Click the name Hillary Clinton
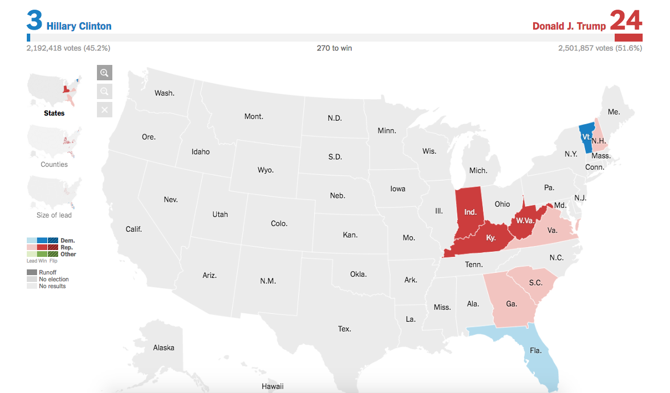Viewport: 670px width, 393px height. click(x=79, y=26)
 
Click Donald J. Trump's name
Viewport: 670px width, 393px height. click(x=569, y=26)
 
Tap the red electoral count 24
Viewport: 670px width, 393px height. click(x=626, y=21)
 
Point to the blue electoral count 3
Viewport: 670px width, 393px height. click(x=35, y=21)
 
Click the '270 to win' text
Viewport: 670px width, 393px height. click(x=334, y=48)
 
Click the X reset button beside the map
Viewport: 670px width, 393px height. click(x=104, y=109)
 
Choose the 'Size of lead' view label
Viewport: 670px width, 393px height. click(x=54, y=215)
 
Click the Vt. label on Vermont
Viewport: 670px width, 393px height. click(x=586, y=137)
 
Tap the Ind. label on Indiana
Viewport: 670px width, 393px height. click(x=470, y=212)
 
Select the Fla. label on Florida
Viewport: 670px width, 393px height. click(x=535, y=350)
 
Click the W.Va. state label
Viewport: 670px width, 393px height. click(x=525, y=220)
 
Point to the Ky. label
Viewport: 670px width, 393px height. click(x=491, y=238)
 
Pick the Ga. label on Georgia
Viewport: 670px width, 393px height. click(x=511, y=304)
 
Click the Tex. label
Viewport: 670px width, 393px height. click(x=344, y=329)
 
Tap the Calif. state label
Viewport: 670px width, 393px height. click(x=133, y=229)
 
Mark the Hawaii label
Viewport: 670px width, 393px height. click(x=273, y=386)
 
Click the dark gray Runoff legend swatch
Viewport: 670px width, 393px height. click(x=31, y=272)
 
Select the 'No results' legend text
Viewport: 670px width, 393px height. click(x=52, y=286)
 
